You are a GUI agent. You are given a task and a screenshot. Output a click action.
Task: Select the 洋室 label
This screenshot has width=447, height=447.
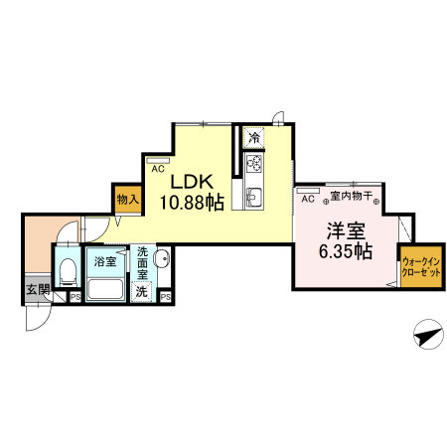[346, 230]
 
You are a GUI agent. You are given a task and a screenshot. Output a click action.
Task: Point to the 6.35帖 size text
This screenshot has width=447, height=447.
[346, 250]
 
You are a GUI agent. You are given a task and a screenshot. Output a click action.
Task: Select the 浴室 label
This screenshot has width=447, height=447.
[104, 263]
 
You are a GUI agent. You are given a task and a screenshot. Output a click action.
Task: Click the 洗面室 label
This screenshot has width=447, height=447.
[143, 263]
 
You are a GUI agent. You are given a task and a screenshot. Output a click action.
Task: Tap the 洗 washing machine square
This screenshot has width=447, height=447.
[142, 292]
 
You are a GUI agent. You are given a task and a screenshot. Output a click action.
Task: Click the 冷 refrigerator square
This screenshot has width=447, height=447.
[255, 137]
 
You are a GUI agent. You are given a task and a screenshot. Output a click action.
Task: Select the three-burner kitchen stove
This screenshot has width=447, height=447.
[254, 164]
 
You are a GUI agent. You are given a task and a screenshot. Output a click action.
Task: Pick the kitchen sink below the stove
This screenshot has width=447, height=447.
[252, 196]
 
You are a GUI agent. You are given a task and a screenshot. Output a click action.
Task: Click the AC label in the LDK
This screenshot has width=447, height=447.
[157, 169]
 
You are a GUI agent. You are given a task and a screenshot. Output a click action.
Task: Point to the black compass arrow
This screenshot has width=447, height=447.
[425, 337]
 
